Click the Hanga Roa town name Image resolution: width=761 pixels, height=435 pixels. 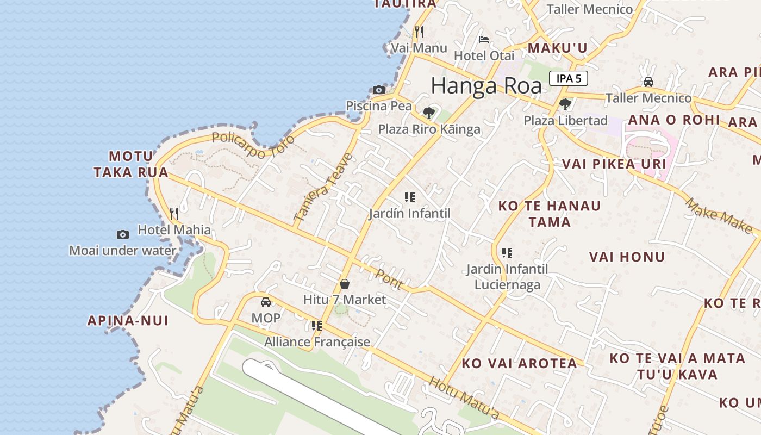[x=486, y=86]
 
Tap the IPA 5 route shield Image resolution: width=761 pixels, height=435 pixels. [x=569, y=78]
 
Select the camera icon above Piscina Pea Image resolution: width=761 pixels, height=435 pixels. [x=379, y=90]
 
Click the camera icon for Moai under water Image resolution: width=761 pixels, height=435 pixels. [x=123, y=234]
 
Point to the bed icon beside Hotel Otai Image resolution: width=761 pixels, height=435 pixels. [x=483, y=40]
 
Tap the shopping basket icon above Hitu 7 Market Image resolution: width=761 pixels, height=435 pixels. [x=344, y=284]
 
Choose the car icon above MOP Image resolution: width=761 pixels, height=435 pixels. [x=266, y=302]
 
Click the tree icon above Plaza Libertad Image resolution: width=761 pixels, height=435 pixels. [x=565, y=104]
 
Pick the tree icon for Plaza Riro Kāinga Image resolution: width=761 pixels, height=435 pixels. [x=429, y=113]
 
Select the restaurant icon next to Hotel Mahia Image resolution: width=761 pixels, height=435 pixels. [x=174, y=213]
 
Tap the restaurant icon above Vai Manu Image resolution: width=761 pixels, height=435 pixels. [x=419, y=32]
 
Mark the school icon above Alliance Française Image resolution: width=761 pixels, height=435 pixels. [x=316, y=326]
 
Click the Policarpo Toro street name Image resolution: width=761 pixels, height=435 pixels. [x=253, y=145]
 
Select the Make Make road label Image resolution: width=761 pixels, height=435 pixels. [x=718, y=214]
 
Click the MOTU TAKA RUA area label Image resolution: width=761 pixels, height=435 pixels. [x=130, y=164]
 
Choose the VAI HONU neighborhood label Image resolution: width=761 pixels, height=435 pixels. [x=627, y=257]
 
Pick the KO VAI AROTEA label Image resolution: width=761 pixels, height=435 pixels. [x=519, y=363]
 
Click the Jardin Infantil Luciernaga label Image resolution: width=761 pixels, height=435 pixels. [x=507, y=276]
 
